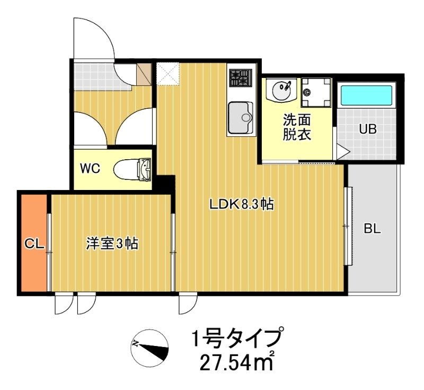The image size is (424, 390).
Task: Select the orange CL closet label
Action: [34, 244]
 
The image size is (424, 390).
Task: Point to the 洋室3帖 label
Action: [112, 244]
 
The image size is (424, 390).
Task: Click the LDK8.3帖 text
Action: [241, 204]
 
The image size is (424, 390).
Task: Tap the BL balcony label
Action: [373, 229]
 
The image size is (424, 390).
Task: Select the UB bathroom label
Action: [368, 129]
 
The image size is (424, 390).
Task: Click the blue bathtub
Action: [366, 96]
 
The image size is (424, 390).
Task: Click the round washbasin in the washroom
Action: [281, 90]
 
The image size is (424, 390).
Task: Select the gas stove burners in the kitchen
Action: [241, 77]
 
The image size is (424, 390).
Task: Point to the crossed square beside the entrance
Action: [169, 74]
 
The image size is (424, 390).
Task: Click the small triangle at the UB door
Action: [343, 151]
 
